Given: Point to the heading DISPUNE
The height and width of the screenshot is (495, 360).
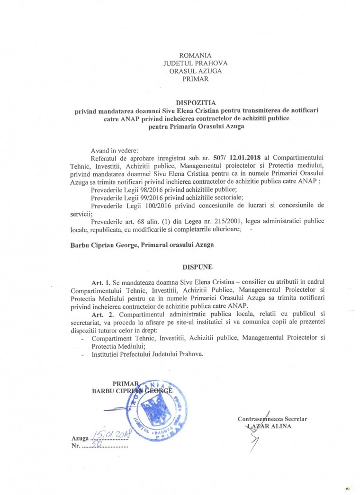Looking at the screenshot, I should point(192,266).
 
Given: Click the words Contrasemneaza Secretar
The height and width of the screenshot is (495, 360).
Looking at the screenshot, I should point(273,419).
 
